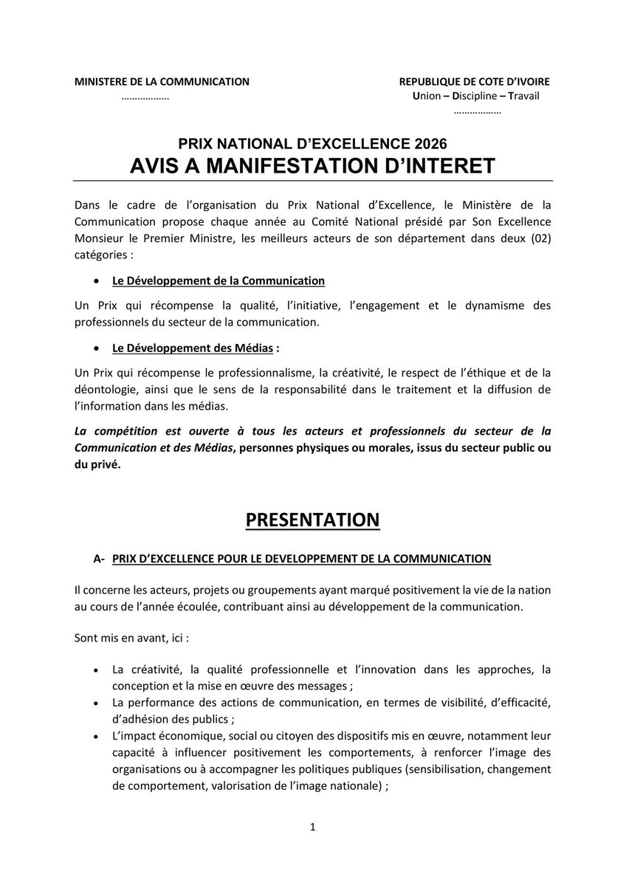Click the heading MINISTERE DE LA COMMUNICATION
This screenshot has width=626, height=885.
click(162, 82)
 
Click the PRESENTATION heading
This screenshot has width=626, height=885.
click(312, 520)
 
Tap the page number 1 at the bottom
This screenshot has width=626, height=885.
click(313, 827)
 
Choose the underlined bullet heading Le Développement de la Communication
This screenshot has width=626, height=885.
click(219, 280)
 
